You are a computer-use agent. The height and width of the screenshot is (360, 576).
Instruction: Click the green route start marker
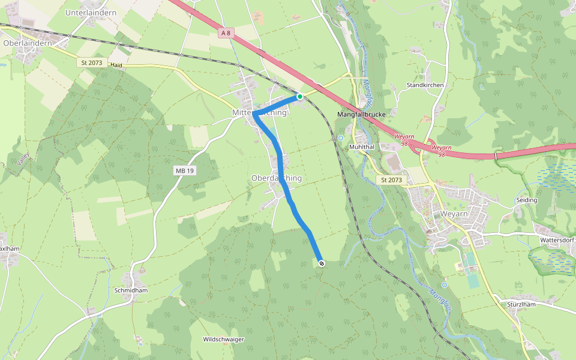tap(300, 96)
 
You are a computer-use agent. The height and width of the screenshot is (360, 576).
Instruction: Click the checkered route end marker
tap(322, 263)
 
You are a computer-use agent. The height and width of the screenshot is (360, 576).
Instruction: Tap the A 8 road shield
tap(226, 34)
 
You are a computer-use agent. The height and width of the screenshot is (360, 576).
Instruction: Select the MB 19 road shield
tap(185, 171)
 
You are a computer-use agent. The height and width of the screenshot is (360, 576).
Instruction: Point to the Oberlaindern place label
tap(28, 43)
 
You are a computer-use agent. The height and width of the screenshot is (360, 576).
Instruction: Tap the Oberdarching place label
tap(277, 178)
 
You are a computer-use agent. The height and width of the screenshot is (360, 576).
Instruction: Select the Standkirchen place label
tap(425, 85)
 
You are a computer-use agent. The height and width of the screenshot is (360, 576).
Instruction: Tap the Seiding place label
tap(526, 200)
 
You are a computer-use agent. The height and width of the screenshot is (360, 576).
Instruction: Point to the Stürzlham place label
tap(521, 305)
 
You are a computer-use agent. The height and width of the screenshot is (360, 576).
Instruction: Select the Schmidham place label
tap(131, 290)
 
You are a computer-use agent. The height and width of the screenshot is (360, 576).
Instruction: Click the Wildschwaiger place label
tap(224, 339)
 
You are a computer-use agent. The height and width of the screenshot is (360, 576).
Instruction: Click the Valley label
tap(23, 159)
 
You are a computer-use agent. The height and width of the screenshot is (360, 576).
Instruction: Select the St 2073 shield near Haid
tap(91, 62)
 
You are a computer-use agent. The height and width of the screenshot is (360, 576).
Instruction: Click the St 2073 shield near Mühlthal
tap(391, 180)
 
